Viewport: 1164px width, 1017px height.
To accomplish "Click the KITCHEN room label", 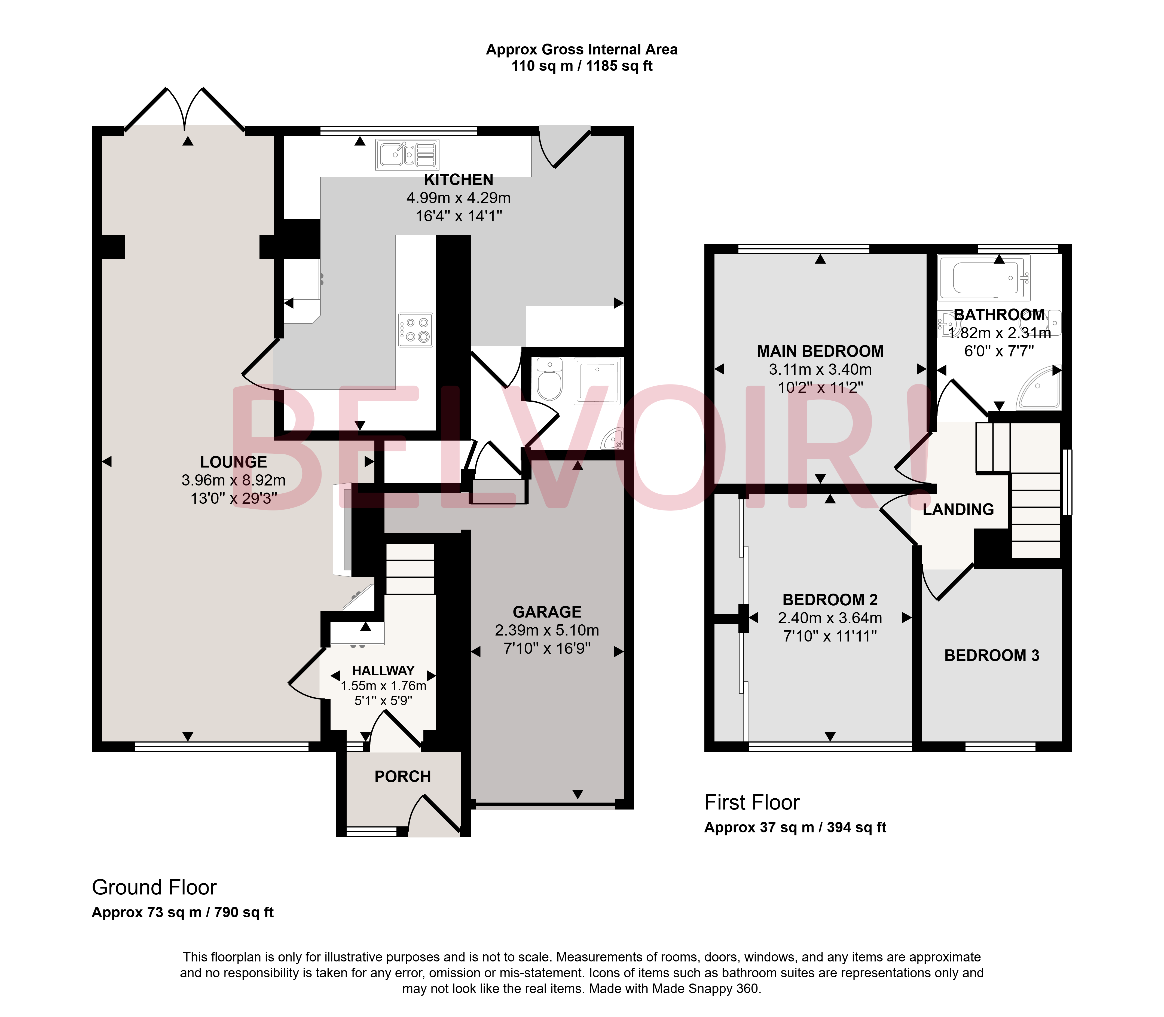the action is (x=459, y=180).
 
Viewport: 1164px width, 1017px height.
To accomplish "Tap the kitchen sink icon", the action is (x=407, y=155).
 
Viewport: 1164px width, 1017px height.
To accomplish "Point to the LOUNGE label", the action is (x=233, y=462).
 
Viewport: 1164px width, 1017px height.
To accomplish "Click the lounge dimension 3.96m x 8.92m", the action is (x=233, y=480).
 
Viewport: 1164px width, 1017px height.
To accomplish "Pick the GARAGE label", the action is (x=547, y=612).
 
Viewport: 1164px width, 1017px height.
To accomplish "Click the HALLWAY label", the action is (x=383, y=671).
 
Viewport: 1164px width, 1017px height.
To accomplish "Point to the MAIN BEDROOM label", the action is (x=820, y=351).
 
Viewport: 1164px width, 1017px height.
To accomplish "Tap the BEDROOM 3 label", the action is (x=991, y=655).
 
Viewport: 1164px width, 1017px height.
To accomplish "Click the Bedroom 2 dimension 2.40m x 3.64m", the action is (x=830, y=618).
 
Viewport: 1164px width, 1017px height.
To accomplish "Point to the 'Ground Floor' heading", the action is (x=154, y=887).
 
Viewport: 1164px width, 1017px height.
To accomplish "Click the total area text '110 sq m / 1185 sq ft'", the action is (x=582, y=66).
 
